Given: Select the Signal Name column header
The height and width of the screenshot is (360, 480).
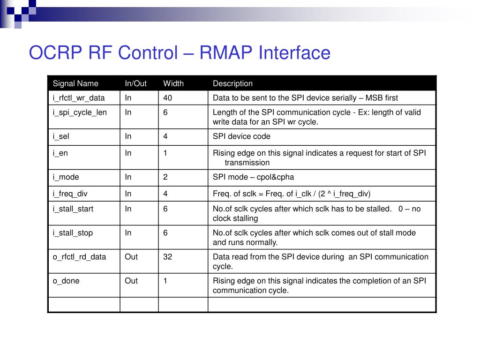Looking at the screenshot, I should [x=75, y=83].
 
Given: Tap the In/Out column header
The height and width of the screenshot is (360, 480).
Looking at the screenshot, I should [x=135, y=83].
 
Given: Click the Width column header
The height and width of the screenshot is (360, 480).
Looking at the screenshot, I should [x=173, y=83].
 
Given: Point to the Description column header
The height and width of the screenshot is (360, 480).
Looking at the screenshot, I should [x=232, y=83].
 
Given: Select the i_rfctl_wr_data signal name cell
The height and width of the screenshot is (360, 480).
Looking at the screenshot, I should [x=79, y=97].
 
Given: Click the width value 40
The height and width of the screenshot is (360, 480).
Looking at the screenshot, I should [x=168, y=97].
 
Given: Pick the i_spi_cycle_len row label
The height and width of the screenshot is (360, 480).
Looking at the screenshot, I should [x=80, y=112].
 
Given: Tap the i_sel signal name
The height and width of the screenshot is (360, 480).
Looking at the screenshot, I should [x=61, y=136].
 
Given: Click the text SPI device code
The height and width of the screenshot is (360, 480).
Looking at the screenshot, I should [x=241, y=136].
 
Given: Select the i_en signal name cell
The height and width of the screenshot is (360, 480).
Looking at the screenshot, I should [x=60, y=153].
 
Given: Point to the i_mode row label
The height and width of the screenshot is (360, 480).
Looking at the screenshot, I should [x=66, y=177].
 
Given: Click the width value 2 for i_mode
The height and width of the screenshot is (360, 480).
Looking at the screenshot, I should [x=165, y=177].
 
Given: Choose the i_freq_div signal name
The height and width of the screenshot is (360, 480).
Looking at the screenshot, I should [x=70, y=194].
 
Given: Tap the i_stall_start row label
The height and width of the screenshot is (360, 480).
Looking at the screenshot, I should [x=73, y=209].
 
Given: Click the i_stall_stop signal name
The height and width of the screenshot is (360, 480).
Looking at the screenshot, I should [x=73, y=232].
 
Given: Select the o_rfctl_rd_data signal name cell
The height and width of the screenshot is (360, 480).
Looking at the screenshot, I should [x=79, y=256].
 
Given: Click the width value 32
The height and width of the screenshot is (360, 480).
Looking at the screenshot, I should [x=168, y=256].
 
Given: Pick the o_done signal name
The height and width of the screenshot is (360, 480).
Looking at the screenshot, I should [x=66, y=280].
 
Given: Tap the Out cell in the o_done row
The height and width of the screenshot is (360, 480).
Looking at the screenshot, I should [x=131, y=280].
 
